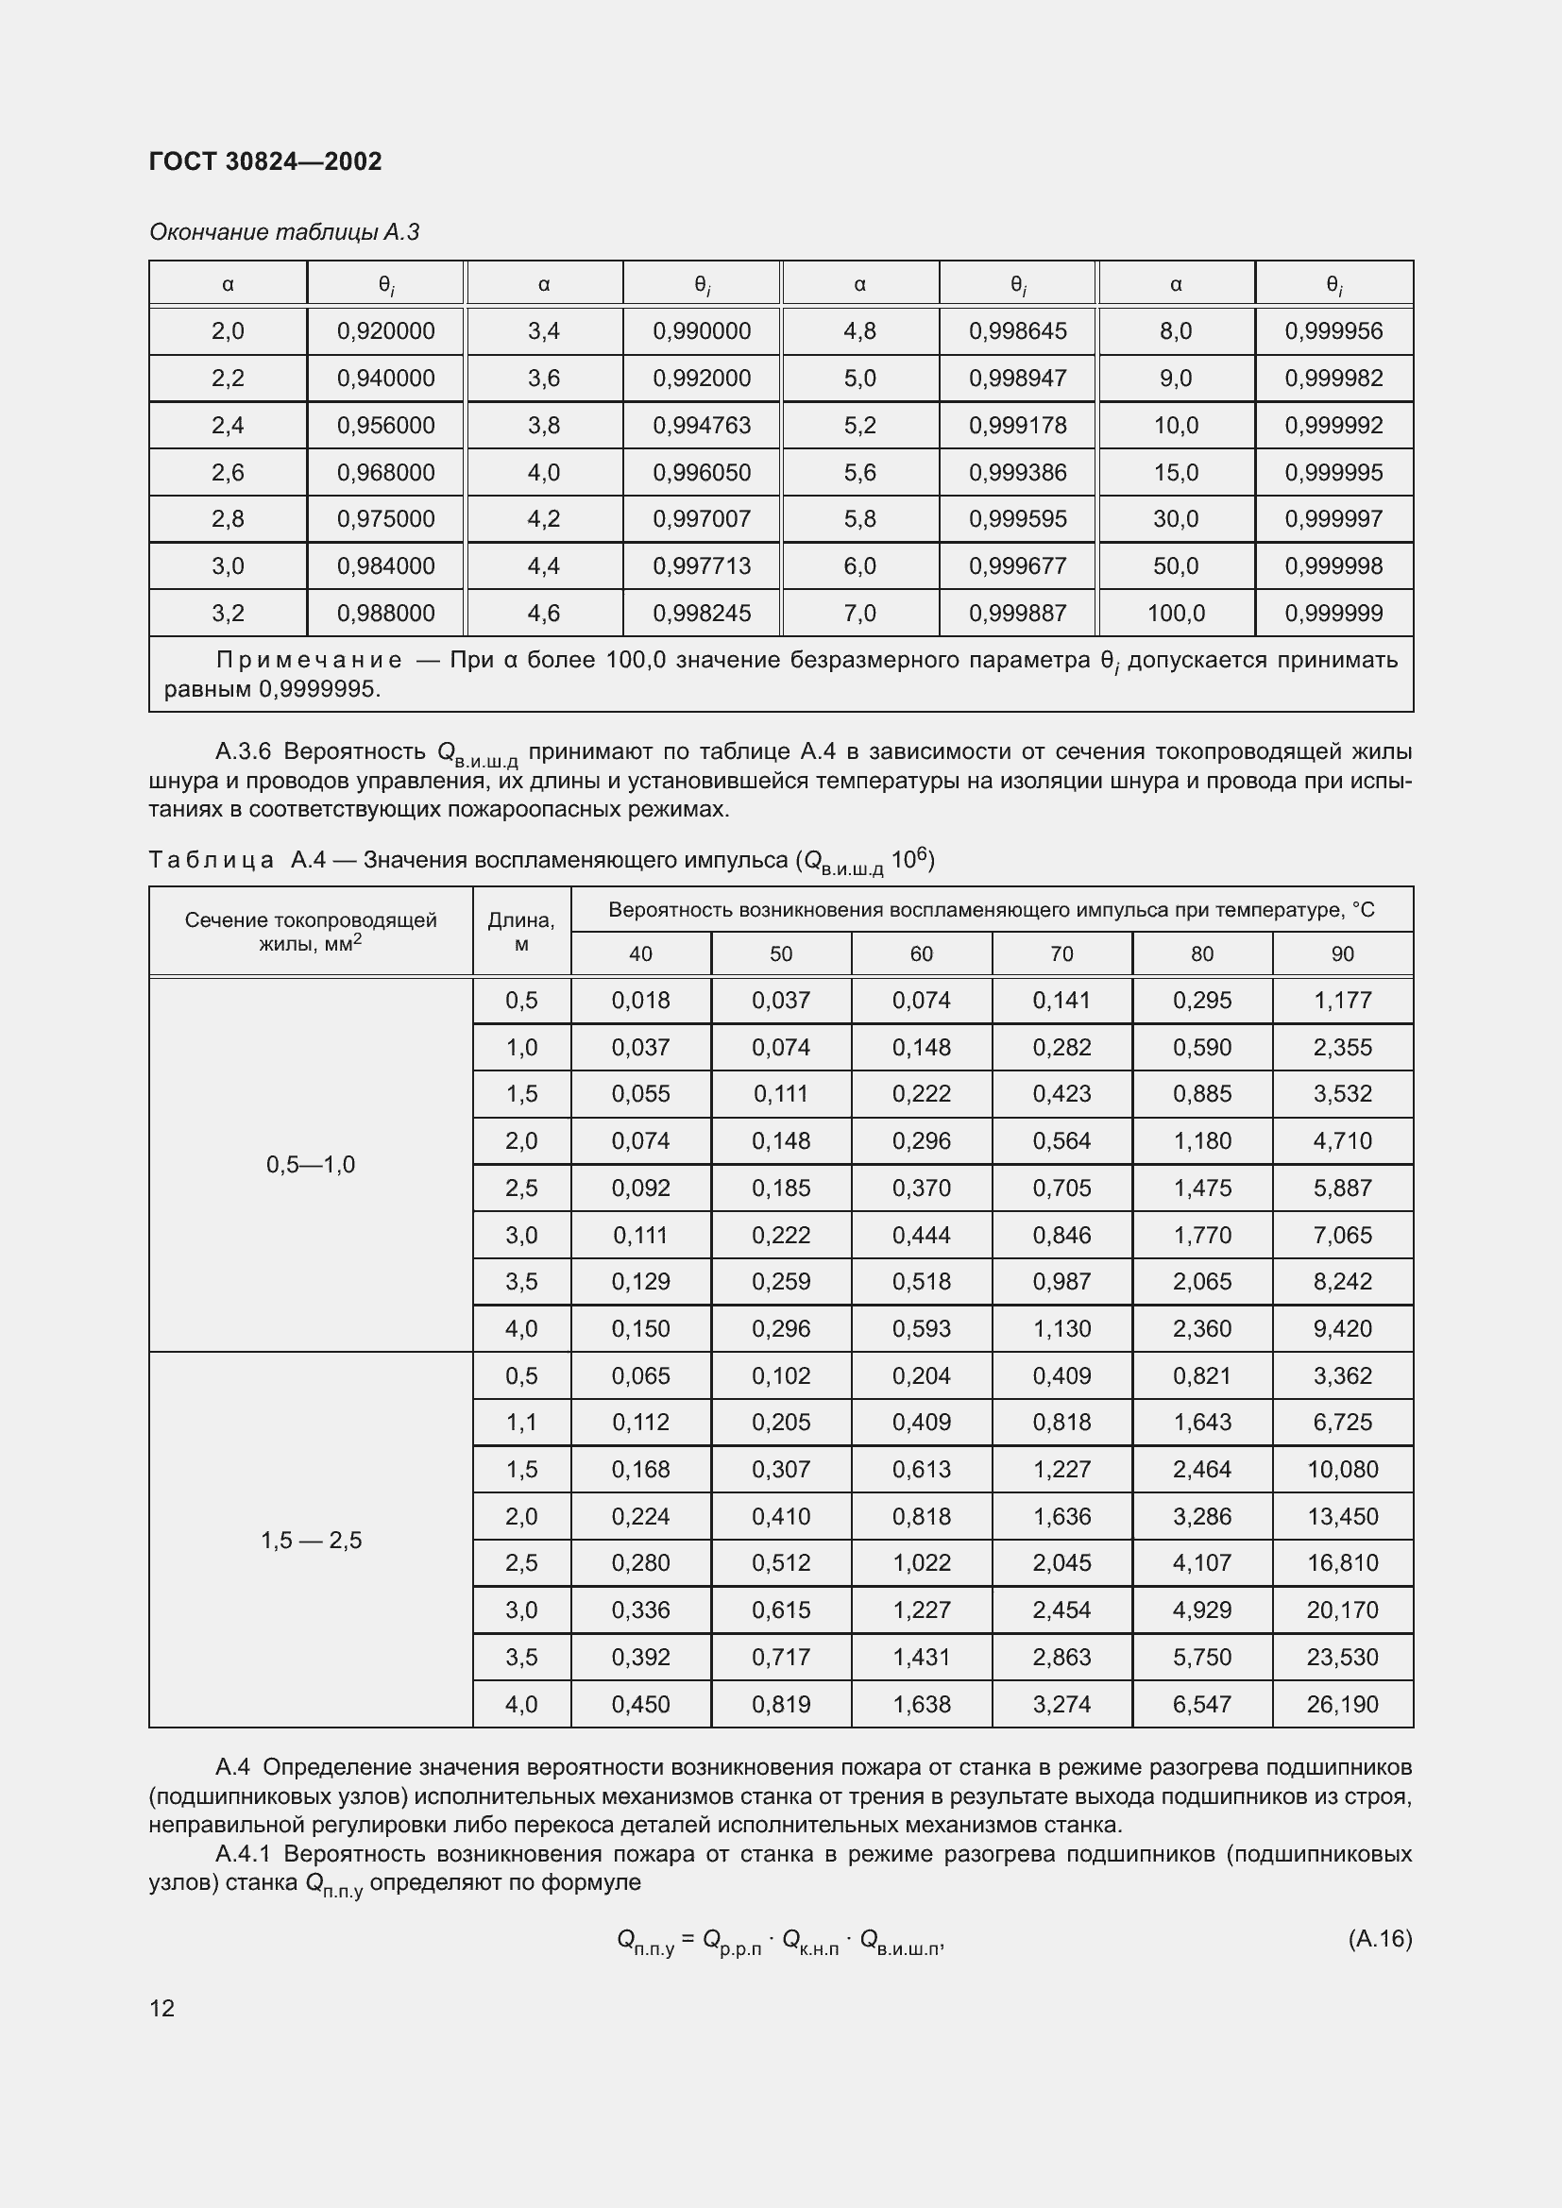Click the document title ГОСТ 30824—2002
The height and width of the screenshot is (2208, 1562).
click(x=265, y=161)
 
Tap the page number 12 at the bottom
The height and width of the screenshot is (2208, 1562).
click(x=162, y=2008)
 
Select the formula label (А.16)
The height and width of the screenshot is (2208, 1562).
click(x=1379, y=1938)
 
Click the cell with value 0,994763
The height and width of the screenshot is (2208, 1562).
click(x=701, y=425)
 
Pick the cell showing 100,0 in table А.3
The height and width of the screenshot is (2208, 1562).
click(x=1176, y=614)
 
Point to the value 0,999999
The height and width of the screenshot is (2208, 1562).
click(x=1333, y=614)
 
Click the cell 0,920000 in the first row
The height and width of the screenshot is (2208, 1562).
click(x=385, y=330)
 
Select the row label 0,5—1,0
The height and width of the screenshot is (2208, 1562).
click(x=311, y=1165)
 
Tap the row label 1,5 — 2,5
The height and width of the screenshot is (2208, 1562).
click(x=311, y=1541)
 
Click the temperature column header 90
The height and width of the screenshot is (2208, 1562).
click(x=1342, y=954)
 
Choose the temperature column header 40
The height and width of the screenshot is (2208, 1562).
click(x=640, y=954)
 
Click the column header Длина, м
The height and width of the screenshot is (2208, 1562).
click(x=521, y=932)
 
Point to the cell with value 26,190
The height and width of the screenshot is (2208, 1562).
click(x=1342, y=1704)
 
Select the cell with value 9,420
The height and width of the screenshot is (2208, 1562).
click(x=1342, y=1329)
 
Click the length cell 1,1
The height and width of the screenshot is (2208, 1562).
click(x=521, y=1423)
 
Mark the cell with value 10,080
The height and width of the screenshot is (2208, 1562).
click(x=1342, y=1470)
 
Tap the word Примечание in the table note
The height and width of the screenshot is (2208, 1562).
click(x=309, y=660)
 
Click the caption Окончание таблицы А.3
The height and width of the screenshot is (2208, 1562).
click(x=284, y=233)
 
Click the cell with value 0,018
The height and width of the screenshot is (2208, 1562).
click(x=640, y=1000)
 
